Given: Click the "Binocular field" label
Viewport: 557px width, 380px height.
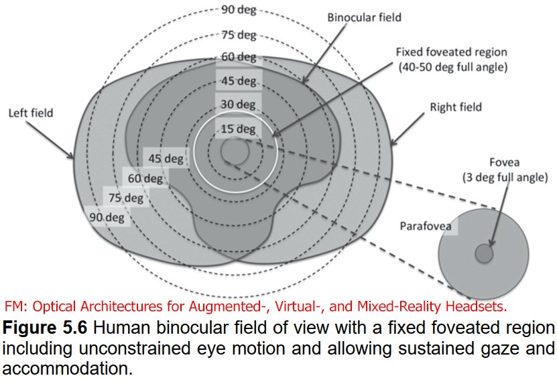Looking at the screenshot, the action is pyautogui.click(x=364, y=17).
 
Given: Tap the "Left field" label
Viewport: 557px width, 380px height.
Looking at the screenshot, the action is pyautogui.click(x=31, y=113).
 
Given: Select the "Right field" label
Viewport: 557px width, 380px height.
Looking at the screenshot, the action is pyautogui.click(x=456, y=107).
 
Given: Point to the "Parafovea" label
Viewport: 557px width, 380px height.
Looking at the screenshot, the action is pyautogui.click(x=426, y=227).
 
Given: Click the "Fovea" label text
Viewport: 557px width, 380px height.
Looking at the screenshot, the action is pyautogui.click(x=505, y=162).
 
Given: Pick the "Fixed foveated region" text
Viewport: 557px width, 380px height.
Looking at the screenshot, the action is pyautogui.click(x=452, y=52).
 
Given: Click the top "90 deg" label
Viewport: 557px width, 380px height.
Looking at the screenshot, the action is pyautogui.click(x=239, y=9).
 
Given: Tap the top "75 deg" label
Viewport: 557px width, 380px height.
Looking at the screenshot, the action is pyautogui.click(x=239, y=35).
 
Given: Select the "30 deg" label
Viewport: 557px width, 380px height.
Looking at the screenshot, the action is pyautogui.click(x=238, y=105).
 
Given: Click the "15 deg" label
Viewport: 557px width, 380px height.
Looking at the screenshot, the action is pyautogui.click(x=238, y=129).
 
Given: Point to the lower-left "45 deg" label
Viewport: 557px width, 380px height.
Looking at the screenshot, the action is pyautogui.click(x=166, y=158).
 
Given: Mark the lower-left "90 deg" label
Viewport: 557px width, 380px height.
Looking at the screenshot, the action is pyautogui.click(x=107, y=217).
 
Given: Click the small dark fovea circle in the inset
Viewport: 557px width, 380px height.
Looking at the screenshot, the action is pyautogui.click(x=484, y=253).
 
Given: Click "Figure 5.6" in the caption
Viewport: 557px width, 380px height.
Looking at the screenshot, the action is pyautogui.click(x=45, y=328).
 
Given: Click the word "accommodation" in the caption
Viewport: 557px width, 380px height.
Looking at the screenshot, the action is pyautogui.click(x=68, y=369).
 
